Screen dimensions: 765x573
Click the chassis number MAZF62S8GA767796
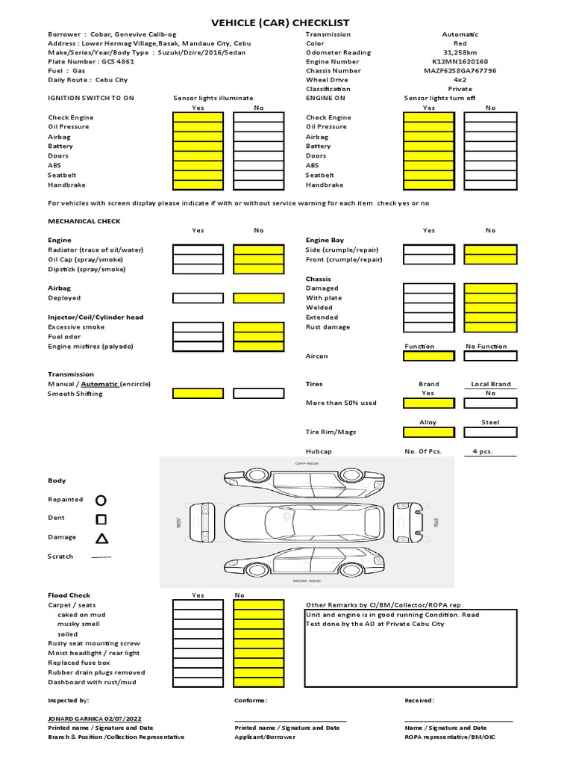[460, 70]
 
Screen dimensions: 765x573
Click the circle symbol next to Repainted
[101, 500]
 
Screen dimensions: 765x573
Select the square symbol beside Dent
[101, 518]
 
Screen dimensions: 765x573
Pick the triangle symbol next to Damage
[101, 538]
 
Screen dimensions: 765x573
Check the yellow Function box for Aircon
[429, 356]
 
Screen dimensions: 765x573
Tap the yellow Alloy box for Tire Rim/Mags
[429, 432]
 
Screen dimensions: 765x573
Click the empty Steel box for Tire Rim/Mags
[489, 432]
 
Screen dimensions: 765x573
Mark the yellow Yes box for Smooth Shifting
[198, 393]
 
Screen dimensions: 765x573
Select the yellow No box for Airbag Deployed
[258, 298]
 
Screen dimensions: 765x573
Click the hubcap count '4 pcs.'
[482, 451]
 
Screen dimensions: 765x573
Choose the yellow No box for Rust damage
[489, 327]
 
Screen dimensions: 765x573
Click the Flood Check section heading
[69, 595]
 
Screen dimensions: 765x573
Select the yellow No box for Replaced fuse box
[258, 663]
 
